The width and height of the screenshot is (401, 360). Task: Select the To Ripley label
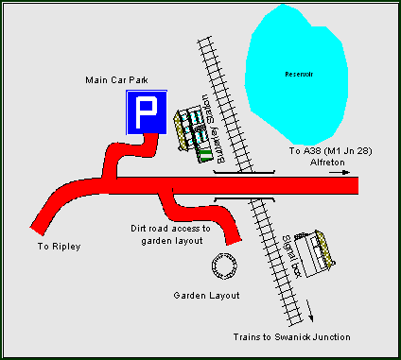pyautogui.click(x=60, y=247)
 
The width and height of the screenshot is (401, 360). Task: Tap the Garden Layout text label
pyautogui.click(x=206, y=296)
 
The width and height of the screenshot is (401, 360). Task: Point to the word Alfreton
pyautogui.click(x=329, y=163)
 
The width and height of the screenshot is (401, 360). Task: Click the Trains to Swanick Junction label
pyautogui.click(x=291, y=337)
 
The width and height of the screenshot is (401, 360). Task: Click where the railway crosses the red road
pyautogui.click(x=244, y=185)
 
